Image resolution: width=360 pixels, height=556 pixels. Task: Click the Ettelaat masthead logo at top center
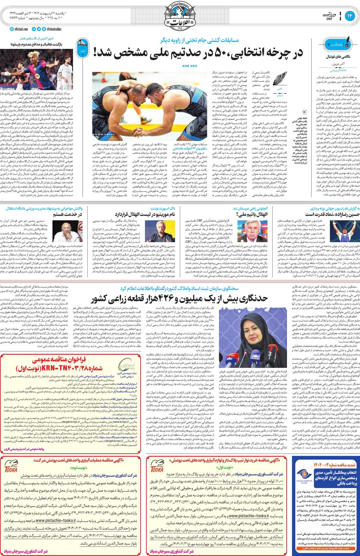pos(179,16)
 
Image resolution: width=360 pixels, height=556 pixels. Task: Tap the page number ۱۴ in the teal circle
pos(350,16)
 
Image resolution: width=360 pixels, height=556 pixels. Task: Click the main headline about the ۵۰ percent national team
pos(198,52)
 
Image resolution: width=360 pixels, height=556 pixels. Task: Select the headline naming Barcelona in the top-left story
pos(40,44)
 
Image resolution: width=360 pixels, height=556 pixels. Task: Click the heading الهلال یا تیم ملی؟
pos(254,214)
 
